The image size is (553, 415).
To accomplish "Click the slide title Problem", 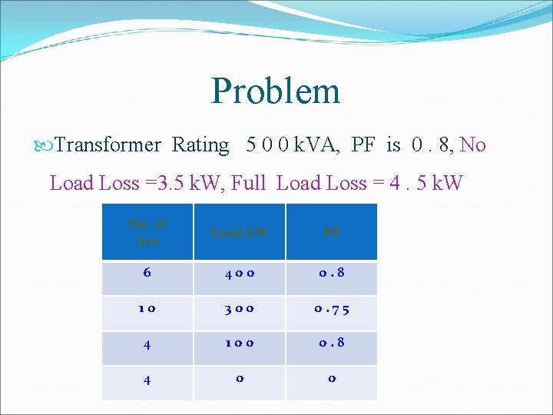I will tap(276, 91).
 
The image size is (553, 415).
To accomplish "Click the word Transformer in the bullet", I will tap(108, 144).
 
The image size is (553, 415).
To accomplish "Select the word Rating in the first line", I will tap(200, 144).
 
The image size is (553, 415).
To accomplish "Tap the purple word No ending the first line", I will tap(473, 144).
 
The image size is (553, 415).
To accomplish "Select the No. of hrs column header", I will tap(147, 231).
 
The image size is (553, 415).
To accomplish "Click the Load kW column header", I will tap(239, 231).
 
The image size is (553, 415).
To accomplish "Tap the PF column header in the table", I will tap(331, 231).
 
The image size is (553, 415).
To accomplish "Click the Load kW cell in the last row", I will tap(239, 382).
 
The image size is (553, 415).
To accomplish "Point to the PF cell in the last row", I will tap(331, 382).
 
